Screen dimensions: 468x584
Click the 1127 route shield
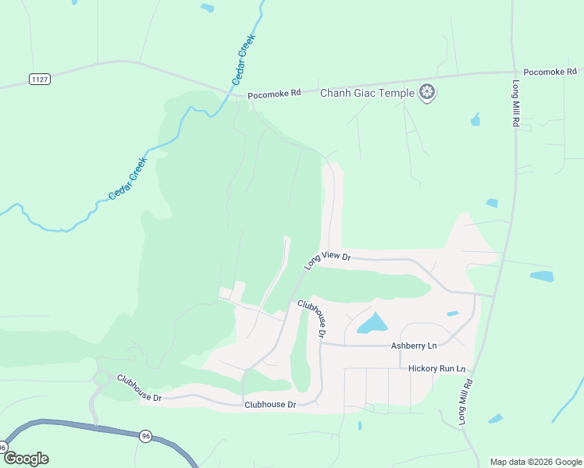pos(40,78)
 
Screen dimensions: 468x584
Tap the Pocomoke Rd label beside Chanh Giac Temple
pos(274,94)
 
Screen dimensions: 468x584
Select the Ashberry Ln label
pos(414,345)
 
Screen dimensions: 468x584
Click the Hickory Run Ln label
pos(437,368)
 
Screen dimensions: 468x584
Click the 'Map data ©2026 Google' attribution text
pos(536,462)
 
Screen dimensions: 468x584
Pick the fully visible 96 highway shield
pos(146,436)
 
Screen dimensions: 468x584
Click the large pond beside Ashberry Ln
pos(373,323)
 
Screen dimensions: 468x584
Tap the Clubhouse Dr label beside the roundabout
pos(139,388)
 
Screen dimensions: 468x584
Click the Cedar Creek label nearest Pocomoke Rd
pos(244,59)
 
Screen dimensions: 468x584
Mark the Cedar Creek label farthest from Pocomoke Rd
pos(128,179)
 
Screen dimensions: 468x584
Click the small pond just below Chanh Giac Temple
pos(475,119)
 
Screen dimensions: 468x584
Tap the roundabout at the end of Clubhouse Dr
pos(101,379)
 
